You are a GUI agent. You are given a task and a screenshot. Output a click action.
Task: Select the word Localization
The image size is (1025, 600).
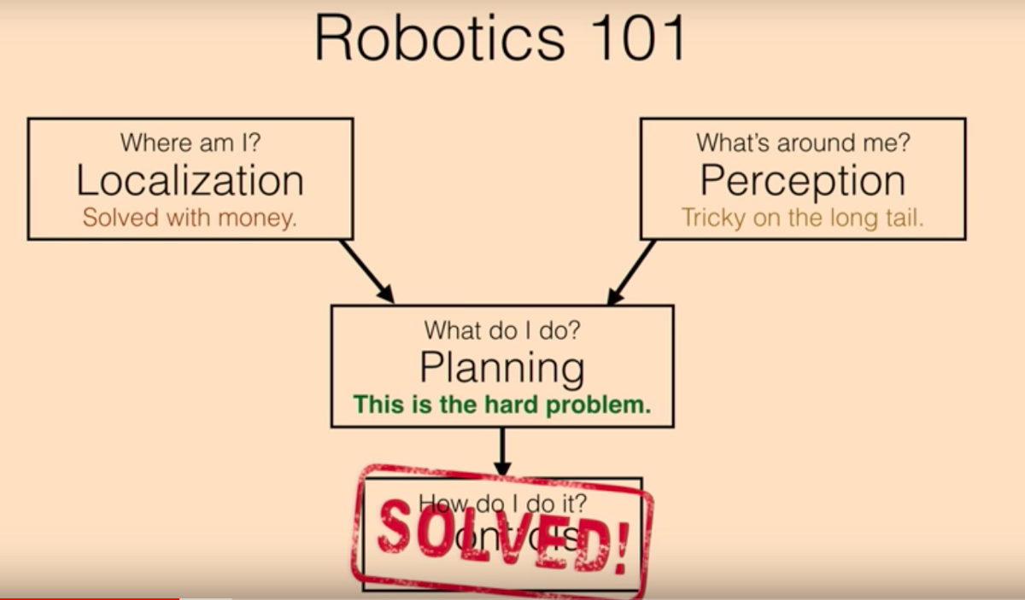click(190, 181)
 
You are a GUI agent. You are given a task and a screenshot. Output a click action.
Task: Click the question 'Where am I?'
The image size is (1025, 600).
click(190, 142)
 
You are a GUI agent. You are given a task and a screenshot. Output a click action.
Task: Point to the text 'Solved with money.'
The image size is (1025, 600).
click(190, 218)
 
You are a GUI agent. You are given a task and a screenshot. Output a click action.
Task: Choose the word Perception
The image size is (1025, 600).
click(803, 181)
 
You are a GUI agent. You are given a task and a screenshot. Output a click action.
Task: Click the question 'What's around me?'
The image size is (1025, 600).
click(803, 142)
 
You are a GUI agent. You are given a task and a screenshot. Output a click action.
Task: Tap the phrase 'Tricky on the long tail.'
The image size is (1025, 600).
click(803, 218)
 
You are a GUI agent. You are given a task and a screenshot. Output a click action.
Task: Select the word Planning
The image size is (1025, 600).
click(502, 368)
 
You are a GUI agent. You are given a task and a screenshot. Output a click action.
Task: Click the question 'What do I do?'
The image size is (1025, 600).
click(502, 329)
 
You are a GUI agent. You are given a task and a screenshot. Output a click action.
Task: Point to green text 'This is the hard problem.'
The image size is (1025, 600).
click(502, 404)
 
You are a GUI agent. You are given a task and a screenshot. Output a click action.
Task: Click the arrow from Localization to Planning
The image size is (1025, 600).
click(367, 271)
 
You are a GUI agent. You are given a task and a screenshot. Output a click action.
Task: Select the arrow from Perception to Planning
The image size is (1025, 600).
click(632, 271)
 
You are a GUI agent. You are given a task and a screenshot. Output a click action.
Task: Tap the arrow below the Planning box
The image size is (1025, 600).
click(502, 451)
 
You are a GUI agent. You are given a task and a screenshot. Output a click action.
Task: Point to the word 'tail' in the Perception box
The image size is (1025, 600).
click(901, 218)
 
